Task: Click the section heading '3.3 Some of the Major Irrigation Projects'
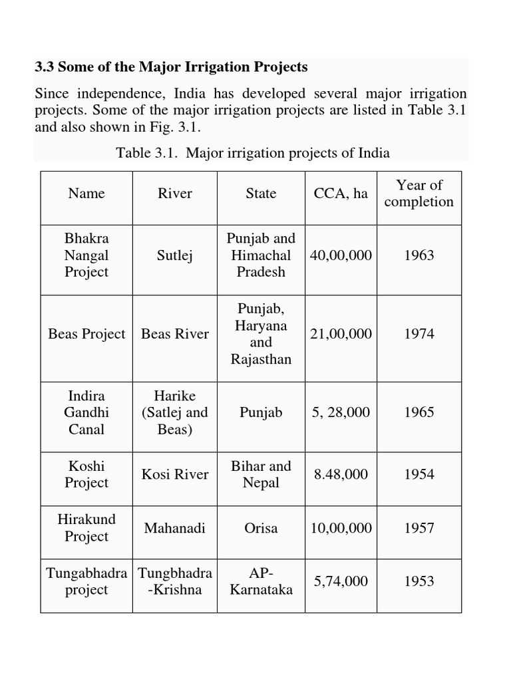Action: pos(171,67)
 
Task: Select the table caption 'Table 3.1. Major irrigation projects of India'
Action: pos(253,153)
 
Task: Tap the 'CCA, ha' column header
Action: pos(341,194)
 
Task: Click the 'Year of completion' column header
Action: pos(419,194)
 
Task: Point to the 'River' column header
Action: pos(174,194)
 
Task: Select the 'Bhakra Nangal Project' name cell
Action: pos(86,255)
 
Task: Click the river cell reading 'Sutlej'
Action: pos(174,255)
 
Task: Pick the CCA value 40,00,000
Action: pos(341,255)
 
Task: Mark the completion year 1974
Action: pos(419,334)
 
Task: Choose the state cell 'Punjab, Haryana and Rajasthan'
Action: pos(261,334)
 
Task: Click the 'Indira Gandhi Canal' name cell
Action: pos(86,412)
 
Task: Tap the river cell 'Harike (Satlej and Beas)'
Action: pos(174,412)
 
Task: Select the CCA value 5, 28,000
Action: pos(341,412)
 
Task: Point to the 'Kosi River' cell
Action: pos(174,475)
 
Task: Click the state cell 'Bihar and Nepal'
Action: pos(261,475)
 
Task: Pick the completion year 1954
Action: pos(419,475)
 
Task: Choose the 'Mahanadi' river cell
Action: pos(174,528)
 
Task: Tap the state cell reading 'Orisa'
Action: pos(261,528)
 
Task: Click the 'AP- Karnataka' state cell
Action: pos(261,581)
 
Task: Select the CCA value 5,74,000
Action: pos(341,581)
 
